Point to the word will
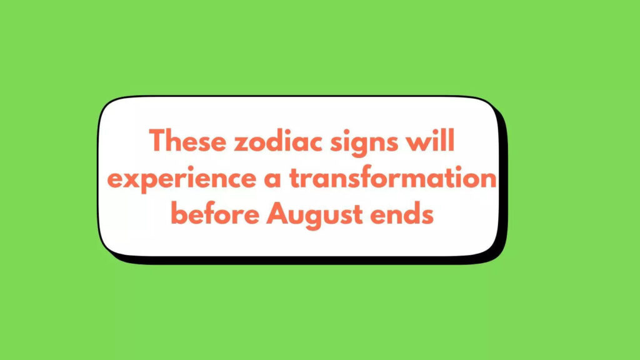coord(432,142)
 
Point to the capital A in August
coord(275,214)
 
